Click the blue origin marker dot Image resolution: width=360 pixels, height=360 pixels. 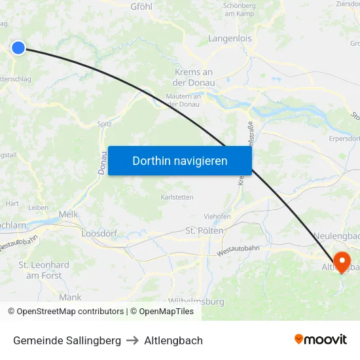18,47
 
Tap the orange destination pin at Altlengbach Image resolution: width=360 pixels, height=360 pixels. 342,261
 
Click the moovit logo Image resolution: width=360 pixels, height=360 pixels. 320,339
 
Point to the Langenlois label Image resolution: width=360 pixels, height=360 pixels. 230,39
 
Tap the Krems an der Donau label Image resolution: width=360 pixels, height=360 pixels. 193,77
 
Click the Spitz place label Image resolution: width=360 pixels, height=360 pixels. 104,123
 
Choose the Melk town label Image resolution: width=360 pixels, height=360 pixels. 68,214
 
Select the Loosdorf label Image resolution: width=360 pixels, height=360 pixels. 98,233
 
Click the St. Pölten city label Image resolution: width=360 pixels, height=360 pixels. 205,231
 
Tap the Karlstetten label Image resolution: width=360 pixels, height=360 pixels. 177,196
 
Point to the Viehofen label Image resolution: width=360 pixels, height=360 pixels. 217,216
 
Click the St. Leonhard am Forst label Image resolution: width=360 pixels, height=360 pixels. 44,270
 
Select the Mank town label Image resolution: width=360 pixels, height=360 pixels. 70,297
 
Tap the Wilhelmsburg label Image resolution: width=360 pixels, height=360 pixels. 196,302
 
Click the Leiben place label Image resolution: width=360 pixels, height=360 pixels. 39,207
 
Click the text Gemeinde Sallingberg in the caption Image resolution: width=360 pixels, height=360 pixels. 67,340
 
